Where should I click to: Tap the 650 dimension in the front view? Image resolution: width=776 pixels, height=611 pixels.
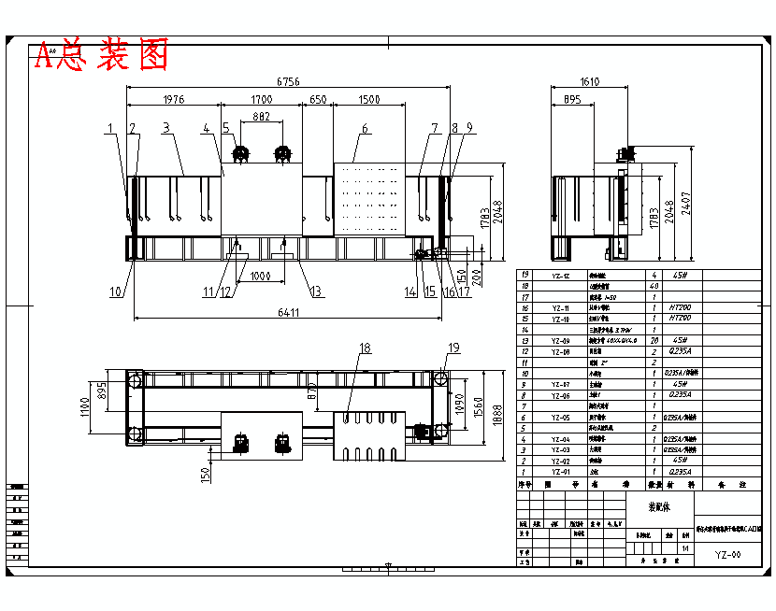(318, 99)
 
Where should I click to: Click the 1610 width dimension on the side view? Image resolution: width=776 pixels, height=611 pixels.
(589, 82)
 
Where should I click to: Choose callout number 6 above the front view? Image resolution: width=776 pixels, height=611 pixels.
(365, 128)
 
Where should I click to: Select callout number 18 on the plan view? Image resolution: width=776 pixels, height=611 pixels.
(365, 348)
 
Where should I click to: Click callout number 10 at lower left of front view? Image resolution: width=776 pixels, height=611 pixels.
(116, 291)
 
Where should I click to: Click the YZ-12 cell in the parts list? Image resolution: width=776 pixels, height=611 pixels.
(560, 277)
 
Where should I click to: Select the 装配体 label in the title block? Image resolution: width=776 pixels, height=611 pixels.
(660, 507)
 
